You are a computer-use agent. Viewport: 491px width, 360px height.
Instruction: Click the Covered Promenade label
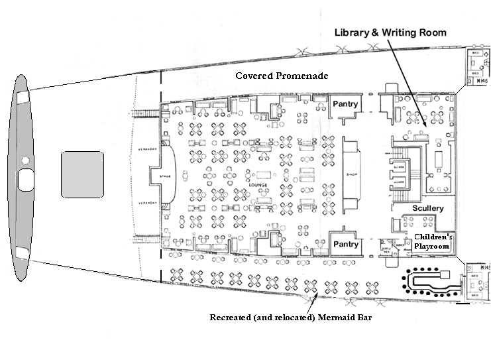[282, 76]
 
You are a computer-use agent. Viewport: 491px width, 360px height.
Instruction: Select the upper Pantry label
[345, 104]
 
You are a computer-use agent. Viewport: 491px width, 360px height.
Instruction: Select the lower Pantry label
[345, 244]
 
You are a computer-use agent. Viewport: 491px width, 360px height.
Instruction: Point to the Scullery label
[427, 208]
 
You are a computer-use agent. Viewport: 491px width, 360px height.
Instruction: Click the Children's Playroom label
[432, 241]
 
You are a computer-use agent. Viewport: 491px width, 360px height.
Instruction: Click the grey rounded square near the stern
[82, 174]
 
